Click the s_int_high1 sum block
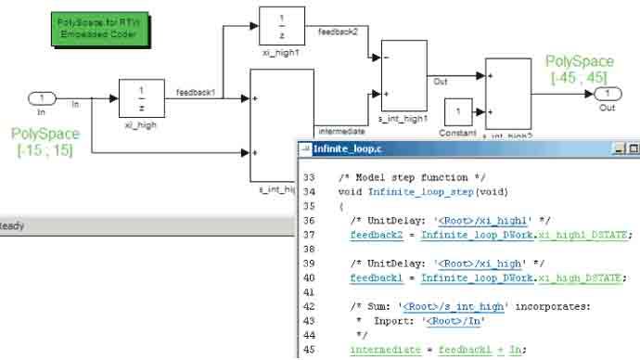coord(403,77)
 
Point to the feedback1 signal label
coord(195,92)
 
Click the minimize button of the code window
coord(618,148)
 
